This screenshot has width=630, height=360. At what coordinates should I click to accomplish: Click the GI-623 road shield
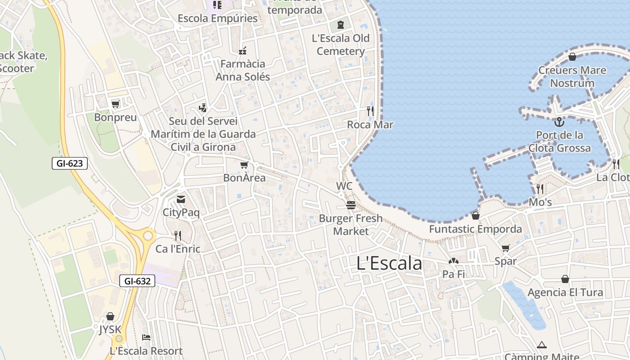tap(70, 163)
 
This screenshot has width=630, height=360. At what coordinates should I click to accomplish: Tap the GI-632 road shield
tap(137, 281)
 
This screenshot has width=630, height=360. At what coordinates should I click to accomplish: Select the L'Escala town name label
tap(389, 264)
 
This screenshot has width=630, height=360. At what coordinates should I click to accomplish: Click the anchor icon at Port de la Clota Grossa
tap(559, 121)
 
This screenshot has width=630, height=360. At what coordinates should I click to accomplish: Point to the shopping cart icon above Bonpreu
tap(116, 104)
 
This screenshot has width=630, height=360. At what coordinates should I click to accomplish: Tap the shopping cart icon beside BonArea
tap(244, 165)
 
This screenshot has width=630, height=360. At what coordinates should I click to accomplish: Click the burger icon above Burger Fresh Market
tap(351, 205)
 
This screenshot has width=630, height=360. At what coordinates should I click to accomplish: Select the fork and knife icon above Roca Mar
tap(370, 111)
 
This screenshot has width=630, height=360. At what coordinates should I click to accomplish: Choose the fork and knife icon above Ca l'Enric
tap(178, 235)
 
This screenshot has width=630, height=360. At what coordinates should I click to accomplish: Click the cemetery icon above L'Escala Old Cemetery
tap(341, 24)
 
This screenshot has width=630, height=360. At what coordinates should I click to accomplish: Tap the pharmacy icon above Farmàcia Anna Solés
tap(243, 50)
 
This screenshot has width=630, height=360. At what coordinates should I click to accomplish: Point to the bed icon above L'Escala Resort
tap(146, 337)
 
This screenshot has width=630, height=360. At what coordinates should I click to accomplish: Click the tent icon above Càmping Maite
tap(542, 345)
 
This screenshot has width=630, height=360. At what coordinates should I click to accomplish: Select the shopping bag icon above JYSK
tap(110, 317)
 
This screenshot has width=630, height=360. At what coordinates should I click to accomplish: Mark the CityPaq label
tap(181, 213)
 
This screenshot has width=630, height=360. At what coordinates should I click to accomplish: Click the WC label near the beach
tap(344, 186)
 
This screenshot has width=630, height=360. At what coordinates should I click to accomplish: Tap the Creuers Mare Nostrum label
tap(572, 76)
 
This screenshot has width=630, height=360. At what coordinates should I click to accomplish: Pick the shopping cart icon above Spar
tap(506, 248)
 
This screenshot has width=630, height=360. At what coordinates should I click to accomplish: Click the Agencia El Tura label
tap(565, 292)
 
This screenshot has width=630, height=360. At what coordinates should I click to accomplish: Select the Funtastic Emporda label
tap(476, 229)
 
